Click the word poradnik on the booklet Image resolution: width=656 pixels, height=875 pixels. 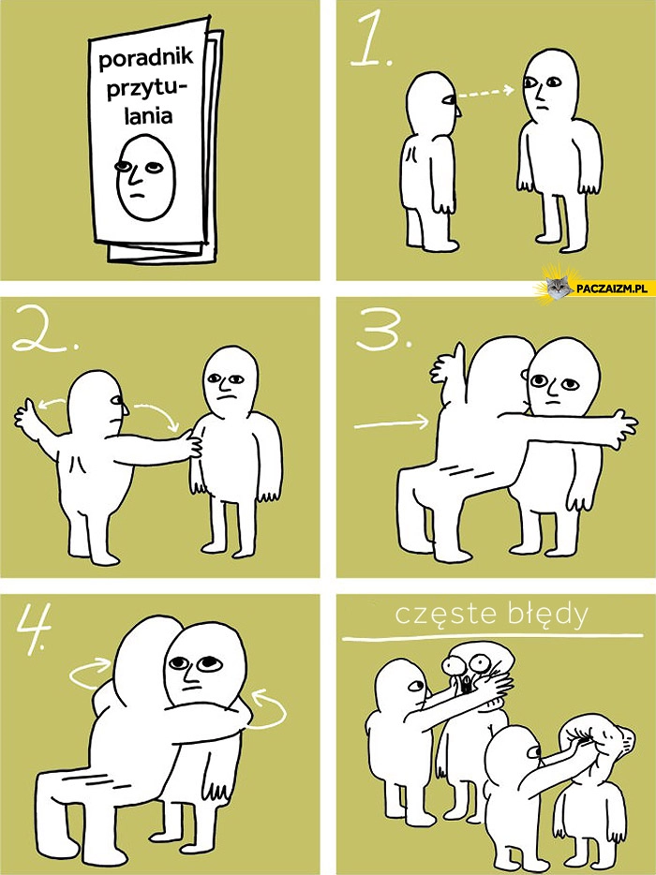point(145,59)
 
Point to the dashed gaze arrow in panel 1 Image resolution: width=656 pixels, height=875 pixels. point(485,93)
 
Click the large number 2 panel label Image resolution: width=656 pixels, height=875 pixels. point(45,330)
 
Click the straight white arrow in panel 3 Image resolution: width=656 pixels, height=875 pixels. point(392,423)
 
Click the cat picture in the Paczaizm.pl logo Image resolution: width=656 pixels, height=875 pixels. point(557,287)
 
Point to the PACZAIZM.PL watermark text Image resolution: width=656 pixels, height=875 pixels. point(611,289)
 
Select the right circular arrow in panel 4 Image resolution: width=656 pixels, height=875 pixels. point(267,710)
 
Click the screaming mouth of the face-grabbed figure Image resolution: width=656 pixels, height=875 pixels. point(467,685)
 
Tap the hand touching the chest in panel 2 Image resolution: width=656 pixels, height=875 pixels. point(193,442)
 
